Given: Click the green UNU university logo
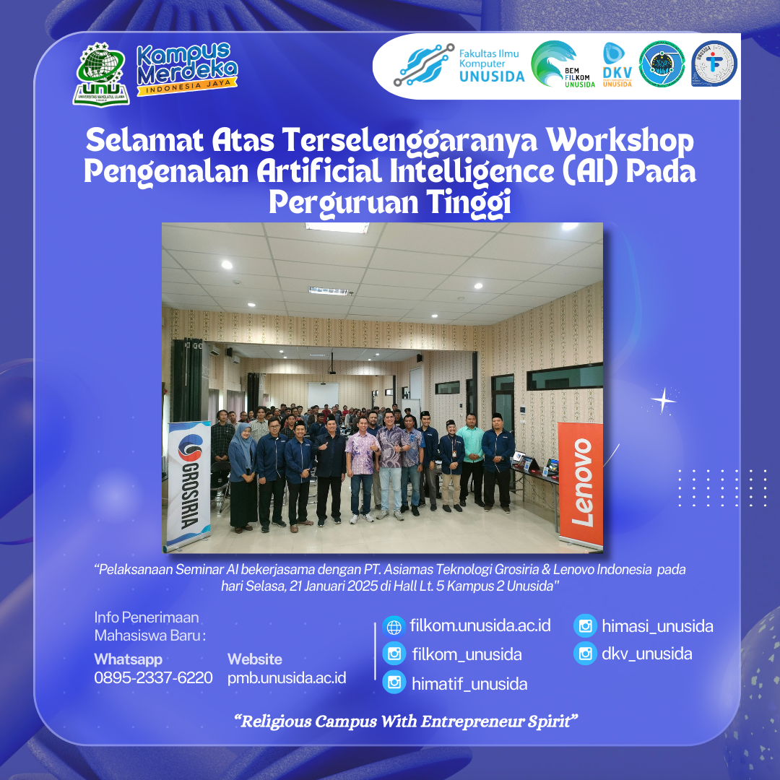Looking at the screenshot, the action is pos(101,74).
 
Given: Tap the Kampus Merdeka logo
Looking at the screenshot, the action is pos(187,69).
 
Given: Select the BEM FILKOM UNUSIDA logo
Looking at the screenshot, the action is pos(563,64).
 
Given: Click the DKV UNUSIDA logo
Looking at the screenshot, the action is pos(617,65).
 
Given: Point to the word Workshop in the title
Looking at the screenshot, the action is pos(620,141).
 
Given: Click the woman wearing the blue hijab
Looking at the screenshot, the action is pos(242,477).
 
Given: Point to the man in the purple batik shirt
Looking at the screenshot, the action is pos(361,469).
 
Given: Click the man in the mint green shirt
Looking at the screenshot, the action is pos(471,459).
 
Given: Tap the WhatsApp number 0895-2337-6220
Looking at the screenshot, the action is pos(153,677).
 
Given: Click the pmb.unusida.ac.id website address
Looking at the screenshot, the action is pos(287,678).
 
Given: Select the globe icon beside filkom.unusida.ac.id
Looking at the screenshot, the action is pos(394,627).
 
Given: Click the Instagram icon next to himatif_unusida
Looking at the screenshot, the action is pos(394,682).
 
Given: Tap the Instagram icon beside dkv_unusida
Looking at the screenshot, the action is pos(585,653).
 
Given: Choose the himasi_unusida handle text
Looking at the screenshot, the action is pos(658,625).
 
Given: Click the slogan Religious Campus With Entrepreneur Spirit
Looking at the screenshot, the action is pos(406,721).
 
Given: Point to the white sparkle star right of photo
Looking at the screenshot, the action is pos(663,400).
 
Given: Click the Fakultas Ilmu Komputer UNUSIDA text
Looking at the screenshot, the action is pos(492,65).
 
